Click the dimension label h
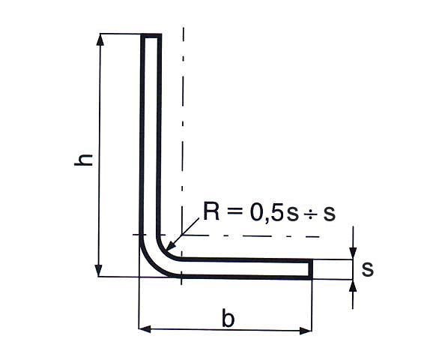(x=83, y=160)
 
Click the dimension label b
(x=228, y=318)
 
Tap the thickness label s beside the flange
(x=368, y=269)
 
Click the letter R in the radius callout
(x=211, y=211)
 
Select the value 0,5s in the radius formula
(x=273, y=212)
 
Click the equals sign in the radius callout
(x=234, y=211)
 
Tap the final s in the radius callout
(x=329, y=214)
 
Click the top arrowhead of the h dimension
(x=100, y=40)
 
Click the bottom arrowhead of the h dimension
(x=99, y=270)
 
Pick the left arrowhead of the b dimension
(x=145, y=329)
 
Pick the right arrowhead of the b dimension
(x=306, y=331)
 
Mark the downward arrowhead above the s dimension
(x=353, y=253)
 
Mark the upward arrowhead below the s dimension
(x=353, y=286)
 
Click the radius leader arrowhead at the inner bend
(x=170, y=246)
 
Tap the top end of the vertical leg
(x=151, y=35)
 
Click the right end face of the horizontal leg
(x=311, y=269)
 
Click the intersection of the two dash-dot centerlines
(x=182, y=235)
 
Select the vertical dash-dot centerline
(x=183, y=156)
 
